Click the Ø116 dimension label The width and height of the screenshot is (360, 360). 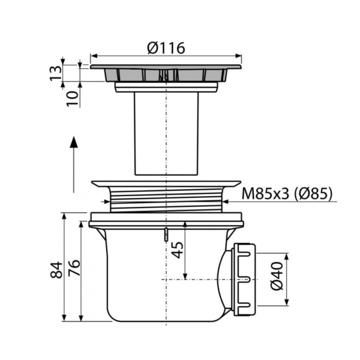coord(166,48)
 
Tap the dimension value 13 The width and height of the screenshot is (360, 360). coord(56,73)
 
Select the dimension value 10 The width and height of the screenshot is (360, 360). coord(73,98)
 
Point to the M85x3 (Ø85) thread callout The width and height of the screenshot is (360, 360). coord(287,194)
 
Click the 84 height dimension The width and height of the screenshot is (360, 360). coord(56,270)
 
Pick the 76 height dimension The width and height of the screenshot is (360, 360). coord(74,268)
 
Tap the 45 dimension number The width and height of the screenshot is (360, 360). coord(178,250)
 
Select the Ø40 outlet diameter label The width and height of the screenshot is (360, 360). coord(277,276)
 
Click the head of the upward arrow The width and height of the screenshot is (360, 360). coord(74,142)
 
